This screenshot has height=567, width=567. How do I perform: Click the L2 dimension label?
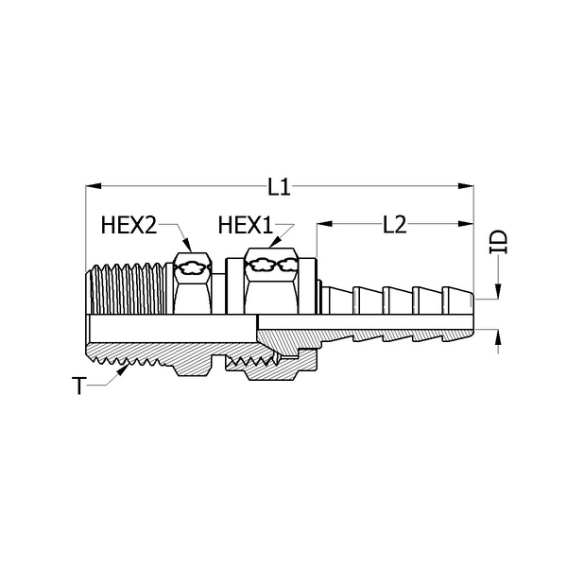point(394,225)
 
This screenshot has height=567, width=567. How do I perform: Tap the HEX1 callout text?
point(245,225)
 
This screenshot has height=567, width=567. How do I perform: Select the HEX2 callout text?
point(129,225)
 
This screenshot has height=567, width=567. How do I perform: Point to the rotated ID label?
point(499,241)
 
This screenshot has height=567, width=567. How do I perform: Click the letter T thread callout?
point(78,386)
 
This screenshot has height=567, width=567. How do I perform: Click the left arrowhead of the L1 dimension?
point(94,186)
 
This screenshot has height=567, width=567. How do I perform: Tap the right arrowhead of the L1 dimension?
point(466,186)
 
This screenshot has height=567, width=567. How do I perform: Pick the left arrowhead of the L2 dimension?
point(324,224)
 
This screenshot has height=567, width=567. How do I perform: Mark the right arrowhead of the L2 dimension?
point(466,224)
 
